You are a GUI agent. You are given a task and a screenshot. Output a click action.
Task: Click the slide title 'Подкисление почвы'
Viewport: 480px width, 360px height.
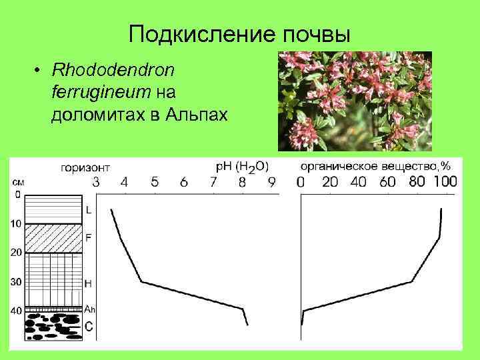[239, 33]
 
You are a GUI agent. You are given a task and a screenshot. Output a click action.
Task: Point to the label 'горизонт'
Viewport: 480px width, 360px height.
[86, 168]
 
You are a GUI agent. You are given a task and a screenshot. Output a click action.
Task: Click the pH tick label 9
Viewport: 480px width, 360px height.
[272, 182]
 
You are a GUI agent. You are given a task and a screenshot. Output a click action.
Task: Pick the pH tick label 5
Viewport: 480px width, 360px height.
[155, 182]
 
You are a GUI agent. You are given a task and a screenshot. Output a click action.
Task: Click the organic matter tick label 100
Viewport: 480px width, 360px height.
[445, 182]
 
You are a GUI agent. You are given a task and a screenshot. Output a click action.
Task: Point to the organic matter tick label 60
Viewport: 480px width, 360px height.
[387, 182]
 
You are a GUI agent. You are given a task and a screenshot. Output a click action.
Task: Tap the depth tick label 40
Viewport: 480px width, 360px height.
[15, 311]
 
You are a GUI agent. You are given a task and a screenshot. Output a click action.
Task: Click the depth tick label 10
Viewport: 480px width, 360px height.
[15, 223]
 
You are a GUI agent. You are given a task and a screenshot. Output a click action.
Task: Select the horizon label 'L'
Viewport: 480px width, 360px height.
[89, 211]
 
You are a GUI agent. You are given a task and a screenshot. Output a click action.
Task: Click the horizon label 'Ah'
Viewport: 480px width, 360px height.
[90, 309]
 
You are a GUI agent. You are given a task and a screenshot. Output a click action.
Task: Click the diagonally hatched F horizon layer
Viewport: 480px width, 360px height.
[53, 238]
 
